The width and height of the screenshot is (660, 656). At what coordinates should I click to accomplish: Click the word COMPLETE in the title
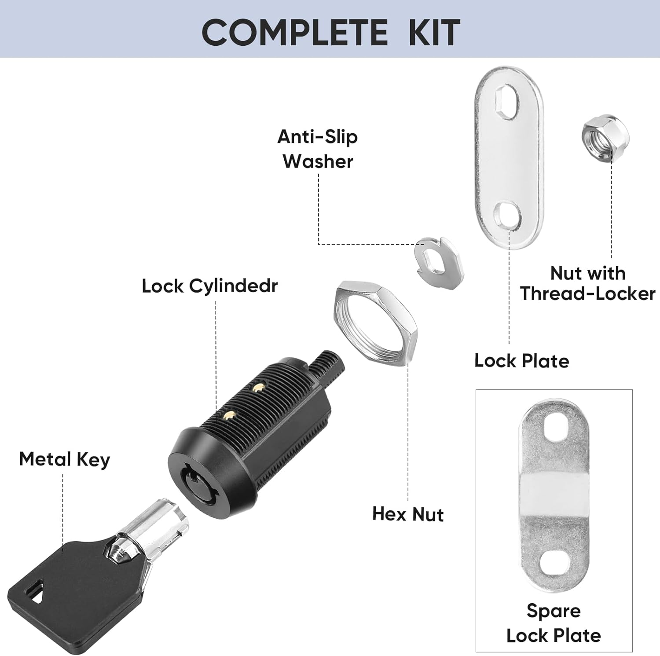point(295,33)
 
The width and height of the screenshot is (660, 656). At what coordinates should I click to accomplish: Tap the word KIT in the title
point(434,33)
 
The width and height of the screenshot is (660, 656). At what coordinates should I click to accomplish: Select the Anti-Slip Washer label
point(318,149)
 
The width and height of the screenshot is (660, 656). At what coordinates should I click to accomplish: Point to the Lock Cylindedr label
point(209,286)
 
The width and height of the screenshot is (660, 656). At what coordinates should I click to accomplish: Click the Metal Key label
point(64,459)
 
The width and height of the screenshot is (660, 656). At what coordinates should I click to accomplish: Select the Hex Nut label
point(408,514)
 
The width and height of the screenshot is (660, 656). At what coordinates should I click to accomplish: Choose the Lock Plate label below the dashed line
point(521,361)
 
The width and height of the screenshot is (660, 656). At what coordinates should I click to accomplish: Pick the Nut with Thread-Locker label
point(588,283)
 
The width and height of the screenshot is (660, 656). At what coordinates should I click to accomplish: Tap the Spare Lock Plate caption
point(554,623)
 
